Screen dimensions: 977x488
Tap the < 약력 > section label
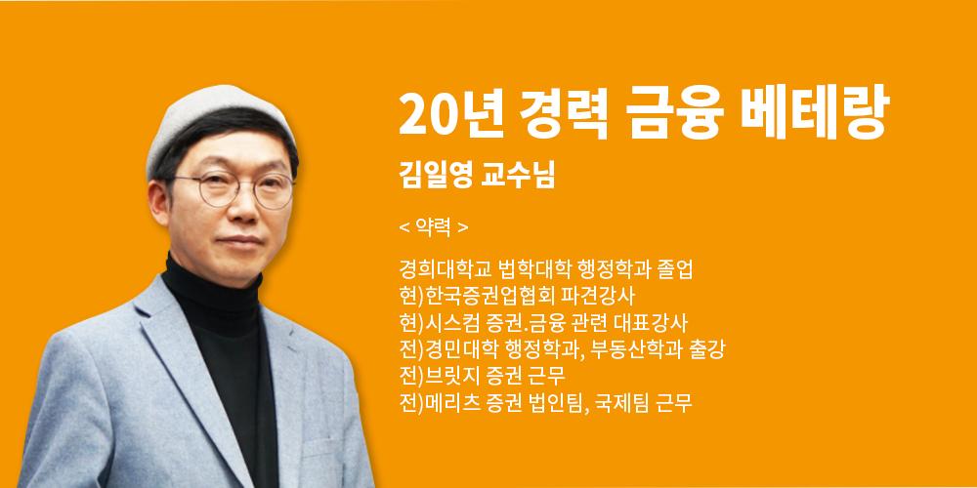[x=434, y=227]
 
